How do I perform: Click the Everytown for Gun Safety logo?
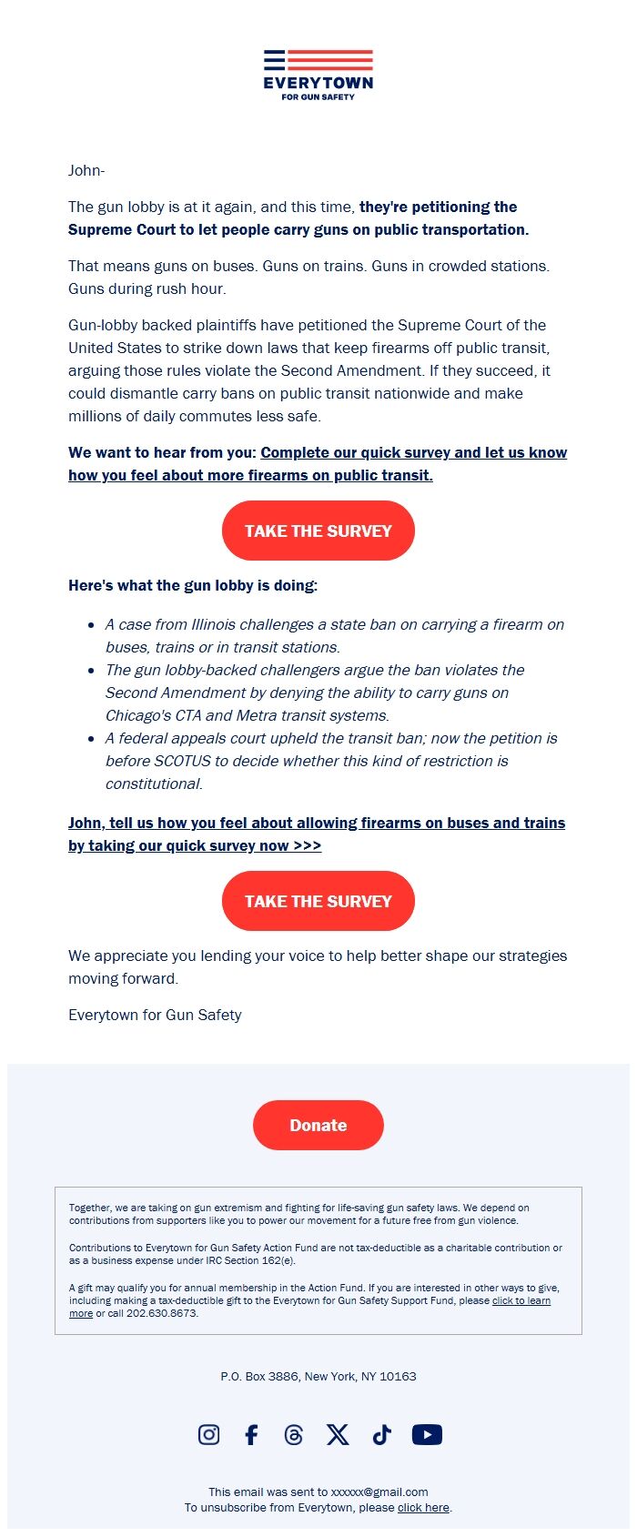point(318,75)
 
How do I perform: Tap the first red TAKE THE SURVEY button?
point(318,531)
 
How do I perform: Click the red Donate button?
point(318,1125)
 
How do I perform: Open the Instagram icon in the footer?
point(208,1434)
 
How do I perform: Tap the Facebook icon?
point(252,1435)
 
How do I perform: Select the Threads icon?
point(293,1435)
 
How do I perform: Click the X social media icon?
point(338,1435)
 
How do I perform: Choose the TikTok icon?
point(382,1435)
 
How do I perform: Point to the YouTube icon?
point(427,1435)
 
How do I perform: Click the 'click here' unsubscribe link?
point(423,1508)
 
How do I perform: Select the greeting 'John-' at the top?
point(86,170)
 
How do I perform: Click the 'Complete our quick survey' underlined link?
point(413,452)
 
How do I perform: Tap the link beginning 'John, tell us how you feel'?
point(317,823)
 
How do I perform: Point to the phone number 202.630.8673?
point(162,1313)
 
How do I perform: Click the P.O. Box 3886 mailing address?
point(318,1376)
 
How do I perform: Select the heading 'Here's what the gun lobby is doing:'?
point(193,585)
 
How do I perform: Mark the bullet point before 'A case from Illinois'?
point(91,625)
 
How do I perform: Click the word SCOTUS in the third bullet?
point(182,761)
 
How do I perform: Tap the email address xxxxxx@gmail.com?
point(379,1491)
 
